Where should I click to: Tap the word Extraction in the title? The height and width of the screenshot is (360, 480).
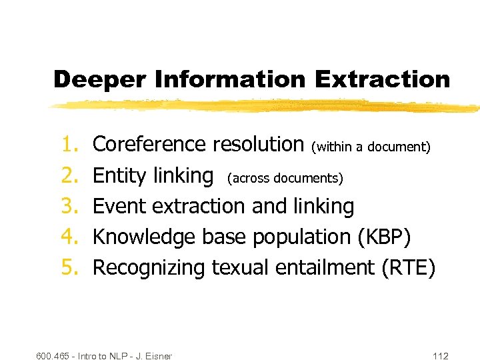[x=383, y=79]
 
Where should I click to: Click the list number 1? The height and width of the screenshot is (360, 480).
[x=70, y=145]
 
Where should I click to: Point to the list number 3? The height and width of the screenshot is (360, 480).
[x=70, y=207]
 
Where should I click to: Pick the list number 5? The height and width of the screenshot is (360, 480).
[x=70, y=268]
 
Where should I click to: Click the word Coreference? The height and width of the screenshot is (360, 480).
[x=149, y=144]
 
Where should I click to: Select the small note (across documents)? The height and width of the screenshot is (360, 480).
[x=285, y=178]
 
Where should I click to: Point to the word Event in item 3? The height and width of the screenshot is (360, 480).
[x=120, y=207]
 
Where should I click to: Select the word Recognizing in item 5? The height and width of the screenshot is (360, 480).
[x=149, y=268]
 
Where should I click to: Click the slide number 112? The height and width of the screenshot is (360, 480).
[x=440, y=355]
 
